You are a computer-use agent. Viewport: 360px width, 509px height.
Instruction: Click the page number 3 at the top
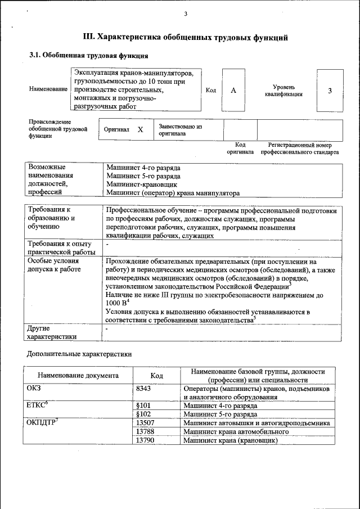[x=185, y=14]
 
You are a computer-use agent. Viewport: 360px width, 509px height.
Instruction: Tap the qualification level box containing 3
[x=330, y=91]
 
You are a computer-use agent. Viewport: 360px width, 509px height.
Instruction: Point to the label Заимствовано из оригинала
[x=180, y=130]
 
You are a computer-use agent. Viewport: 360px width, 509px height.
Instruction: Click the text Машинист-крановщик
[x=142, y=184]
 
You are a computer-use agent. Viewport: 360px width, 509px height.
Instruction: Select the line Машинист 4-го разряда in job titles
[x=143, y=168]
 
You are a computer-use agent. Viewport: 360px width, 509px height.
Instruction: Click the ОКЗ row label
[x=34, y=388]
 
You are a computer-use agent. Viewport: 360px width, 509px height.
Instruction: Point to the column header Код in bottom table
[x=157, y=376]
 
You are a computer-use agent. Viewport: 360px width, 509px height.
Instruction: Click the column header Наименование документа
[x=78, y=376]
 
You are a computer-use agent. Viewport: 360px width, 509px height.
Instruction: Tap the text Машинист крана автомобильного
[x=236, y=432]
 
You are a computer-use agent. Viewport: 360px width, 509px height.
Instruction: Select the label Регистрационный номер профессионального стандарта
[x=303, y=148]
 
